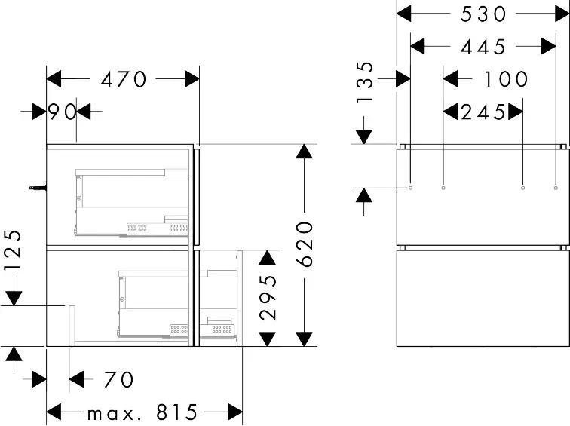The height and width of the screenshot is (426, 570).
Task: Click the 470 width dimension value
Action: (x=123, y=79)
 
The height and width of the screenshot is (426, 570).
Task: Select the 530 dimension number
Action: (x=483, y=14)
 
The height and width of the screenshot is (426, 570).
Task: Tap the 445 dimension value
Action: (x=483, y=47)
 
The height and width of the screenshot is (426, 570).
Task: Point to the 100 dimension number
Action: (x=506, y=79)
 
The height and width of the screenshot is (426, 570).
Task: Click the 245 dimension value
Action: (x=483, y=112)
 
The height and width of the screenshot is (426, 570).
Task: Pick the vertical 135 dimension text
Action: (x=365, y=81)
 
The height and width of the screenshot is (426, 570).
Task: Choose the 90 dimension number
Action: (x=62, y=112)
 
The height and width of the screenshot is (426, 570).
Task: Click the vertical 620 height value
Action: (x=305, y=244)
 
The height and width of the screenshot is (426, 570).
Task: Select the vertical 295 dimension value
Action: (x=268, y=297)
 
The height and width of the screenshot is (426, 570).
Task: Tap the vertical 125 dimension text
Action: (x=13, y=250)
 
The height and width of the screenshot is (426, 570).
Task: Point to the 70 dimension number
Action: (x=119, y=379)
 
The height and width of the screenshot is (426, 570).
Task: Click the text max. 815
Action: (x=142, y=412)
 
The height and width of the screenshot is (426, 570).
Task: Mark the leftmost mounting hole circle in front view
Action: (x=411, y=188)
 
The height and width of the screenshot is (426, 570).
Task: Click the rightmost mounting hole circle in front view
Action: (x=556, y=188)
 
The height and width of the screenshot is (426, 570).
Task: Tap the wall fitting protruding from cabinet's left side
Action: (x=38, y=187)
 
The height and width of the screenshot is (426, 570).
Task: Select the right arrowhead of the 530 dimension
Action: (x=562, y=14)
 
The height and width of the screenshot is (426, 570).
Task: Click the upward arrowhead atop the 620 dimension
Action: (x=305, y=152)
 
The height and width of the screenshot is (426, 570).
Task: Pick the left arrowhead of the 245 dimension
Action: (x=451, y=112)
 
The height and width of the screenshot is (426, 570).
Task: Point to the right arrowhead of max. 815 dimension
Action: (x=235, y=412)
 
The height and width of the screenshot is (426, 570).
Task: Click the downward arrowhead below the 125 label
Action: (x=14, y=299)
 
